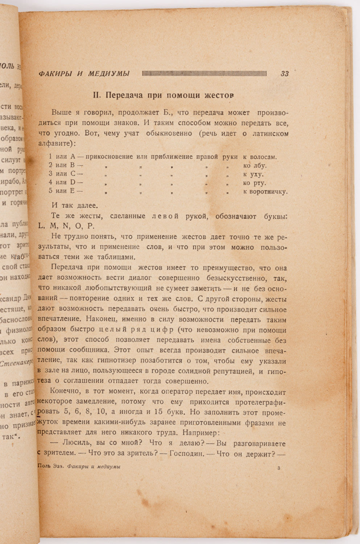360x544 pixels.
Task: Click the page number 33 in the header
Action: click(285, 74)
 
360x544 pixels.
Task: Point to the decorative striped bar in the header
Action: click(204, 74)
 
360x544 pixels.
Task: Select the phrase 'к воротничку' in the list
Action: click(265, 191)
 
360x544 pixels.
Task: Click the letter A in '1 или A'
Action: click(73, 157)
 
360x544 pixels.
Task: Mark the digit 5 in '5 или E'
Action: click(51, 191)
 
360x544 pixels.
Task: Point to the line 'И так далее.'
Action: click(74, 206)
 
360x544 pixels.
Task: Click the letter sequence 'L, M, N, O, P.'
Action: click(66, 226)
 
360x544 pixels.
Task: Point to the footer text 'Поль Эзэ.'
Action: click(51, 467)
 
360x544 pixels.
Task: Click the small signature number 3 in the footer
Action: click(278, 468)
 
